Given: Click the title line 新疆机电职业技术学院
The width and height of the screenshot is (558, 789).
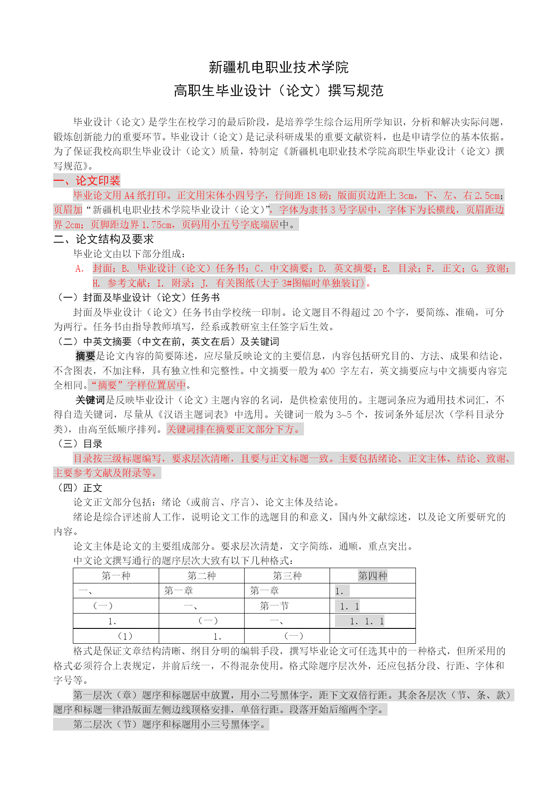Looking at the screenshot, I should click(279, 67).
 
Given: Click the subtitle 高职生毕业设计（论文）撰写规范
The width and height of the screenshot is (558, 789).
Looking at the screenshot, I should click(279, 91).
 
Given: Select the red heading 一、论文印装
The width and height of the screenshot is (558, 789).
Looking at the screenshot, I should click(87, 181).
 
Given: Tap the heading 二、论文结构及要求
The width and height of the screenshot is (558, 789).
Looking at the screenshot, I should click(103, 239).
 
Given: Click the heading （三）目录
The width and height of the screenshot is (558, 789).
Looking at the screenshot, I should click(78, 444).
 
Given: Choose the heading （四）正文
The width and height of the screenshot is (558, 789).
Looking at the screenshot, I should click(78, 488).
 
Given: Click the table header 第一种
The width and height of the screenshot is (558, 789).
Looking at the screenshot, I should click(116, 576).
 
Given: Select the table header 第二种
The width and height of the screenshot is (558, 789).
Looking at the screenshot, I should click(201, 576).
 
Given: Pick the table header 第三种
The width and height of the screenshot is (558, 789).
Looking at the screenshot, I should click(287, 576).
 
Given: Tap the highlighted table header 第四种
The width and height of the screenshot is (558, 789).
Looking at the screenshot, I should click(373, 576).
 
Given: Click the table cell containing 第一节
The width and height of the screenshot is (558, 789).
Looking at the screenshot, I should click(274, 606).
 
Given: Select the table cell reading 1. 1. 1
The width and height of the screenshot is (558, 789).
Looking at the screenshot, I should click(367, 622).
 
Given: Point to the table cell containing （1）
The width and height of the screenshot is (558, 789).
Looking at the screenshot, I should click(125, 636).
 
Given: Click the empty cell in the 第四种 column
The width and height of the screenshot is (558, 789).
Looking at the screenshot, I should click(373, 636).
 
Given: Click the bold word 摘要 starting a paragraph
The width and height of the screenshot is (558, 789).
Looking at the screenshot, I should click(85, 356).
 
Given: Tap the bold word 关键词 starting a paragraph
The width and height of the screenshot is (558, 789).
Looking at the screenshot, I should click(90, 400).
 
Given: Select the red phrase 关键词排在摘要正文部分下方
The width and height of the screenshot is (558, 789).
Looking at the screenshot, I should click(233, 430).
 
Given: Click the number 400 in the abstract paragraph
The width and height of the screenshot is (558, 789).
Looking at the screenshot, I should click(328, 371).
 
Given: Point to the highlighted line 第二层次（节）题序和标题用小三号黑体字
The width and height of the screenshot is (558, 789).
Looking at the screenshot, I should click(170, 724).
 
